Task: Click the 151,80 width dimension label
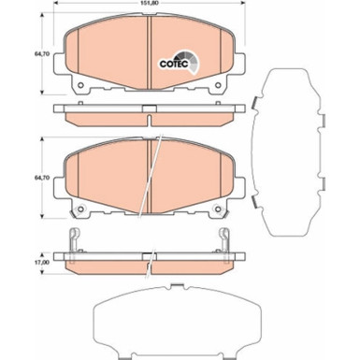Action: pos(151,7)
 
